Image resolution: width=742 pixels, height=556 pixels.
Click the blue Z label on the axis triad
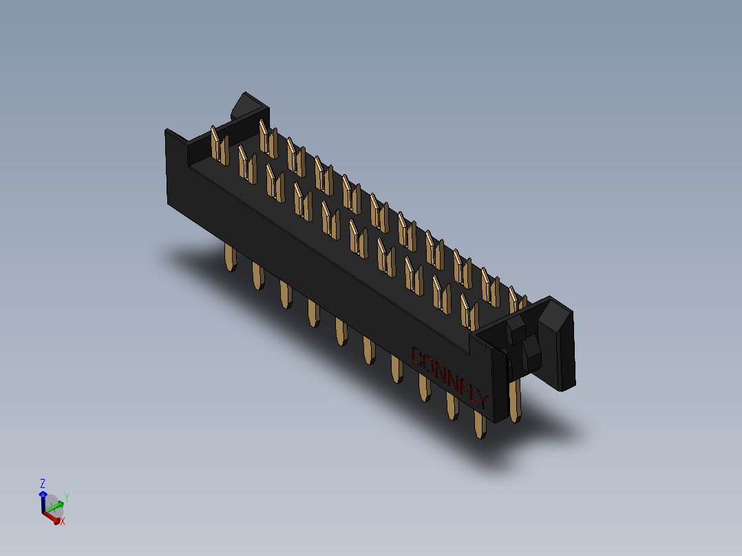43,484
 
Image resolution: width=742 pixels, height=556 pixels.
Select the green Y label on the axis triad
66,496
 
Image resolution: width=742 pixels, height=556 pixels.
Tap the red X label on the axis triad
63,522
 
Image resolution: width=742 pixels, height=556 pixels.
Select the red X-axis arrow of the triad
51,517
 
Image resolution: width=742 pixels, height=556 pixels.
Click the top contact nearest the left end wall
220,146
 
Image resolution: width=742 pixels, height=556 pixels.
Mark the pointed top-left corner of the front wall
167,131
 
